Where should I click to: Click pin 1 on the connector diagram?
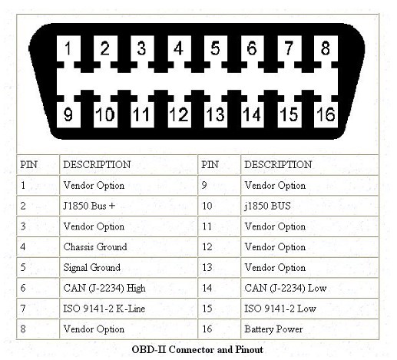[68, 48]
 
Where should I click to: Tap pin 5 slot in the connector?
[216, 48]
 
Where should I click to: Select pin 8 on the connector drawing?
[326, 48]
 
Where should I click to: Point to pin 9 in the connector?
[68, 114]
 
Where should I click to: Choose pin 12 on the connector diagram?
[179, 114]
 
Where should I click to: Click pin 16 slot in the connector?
[326, 114]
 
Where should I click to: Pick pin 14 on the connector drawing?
[253, 114]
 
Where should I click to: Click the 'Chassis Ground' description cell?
[128, 247]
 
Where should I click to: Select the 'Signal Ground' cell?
[128, 267]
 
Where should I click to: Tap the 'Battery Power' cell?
[309, 329]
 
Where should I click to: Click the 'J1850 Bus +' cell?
[128, 206]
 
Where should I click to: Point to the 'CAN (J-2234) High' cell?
[128, 288]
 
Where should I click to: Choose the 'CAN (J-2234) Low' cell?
[309, 288]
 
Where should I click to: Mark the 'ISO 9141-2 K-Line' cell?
[128, 309]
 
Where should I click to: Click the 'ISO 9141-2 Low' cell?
[309, 309]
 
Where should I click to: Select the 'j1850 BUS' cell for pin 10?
[309, 206]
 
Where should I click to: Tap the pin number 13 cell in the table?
[219, 267]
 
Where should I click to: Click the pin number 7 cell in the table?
[38, 309]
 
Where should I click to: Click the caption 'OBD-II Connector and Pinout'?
[197, 349]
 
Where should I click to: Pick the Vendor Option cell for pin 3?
[128, 226]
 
